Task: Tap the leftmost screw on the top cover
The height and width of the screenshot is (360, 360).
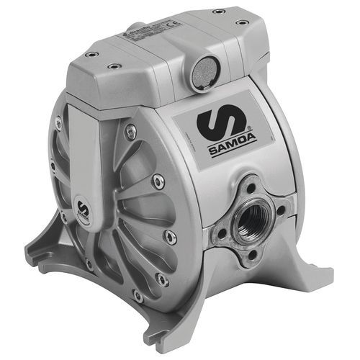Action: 89,54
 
